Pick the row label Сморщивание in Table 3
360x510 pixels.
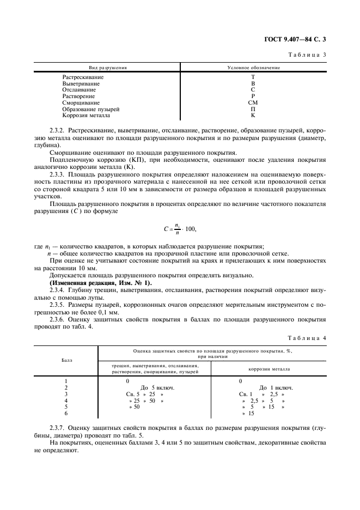tap(81, 102)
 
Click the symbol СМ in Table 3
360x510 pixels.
tap(253, 102)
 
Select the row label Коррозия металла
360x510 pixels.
tap(86, 116)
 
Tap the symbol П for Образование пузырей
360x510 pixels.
tap(253, 109)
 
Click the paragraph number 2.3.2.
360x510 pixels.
tap(58, 132)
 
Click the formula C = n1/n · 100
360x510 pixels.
tap(180, 229)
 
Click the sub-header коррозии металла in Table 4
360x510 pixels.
tap(269, 369)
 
